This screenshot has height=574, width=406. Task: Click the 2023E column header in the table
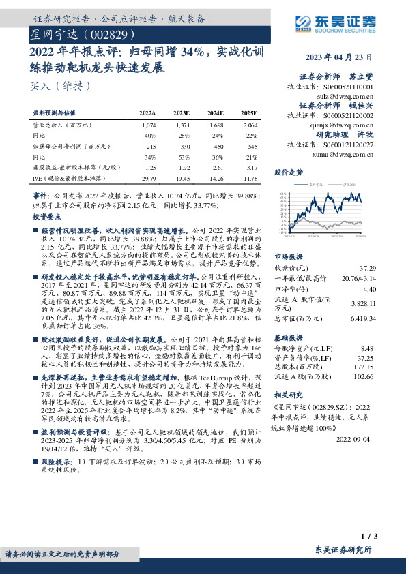pyautogui.click(x=182, y=112)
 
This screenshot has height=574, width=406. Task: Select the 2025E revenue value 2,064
pyautogui.click(x=250, y=126)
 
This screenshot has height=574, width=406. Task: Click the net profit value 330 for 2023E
pyautogui.click(x=184, y=146)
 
